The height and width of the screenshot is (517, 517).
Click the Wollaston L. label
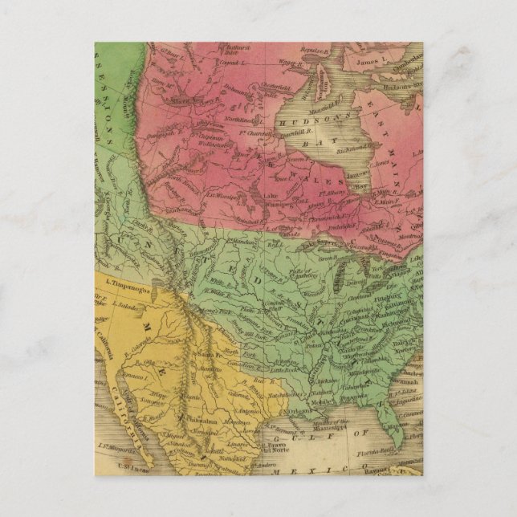(210, 145)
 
